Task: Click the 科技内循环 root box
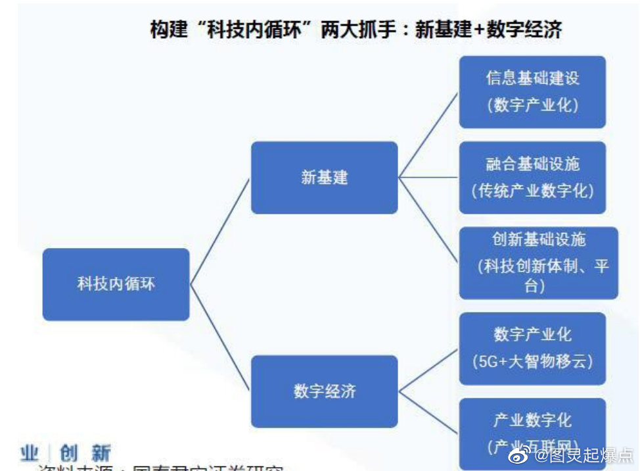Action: [116, 284]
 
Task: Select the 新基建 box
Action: [324, 178]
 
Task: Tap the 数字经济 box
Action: [324, 391]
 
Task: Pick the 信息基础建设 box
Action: [532, 91]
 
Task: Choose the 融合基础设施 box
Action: [532, 177]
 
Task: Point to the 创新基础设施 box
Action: [538, 262]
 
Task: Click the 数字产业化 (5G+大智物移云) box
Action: [532, 348]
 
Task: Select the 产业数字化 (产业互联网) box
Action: [532, 431]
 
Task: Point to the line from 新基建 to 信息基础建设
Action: [428, 135]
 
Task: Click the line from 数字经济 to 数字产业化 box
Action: [428, 370]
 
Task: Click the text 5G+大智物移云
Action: [532, 361]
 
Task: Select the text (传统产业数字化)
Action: [532, 191]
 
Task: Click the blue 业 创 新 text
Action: [66, 453]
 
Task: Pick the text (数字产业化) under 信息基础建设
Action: [532, 105]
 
